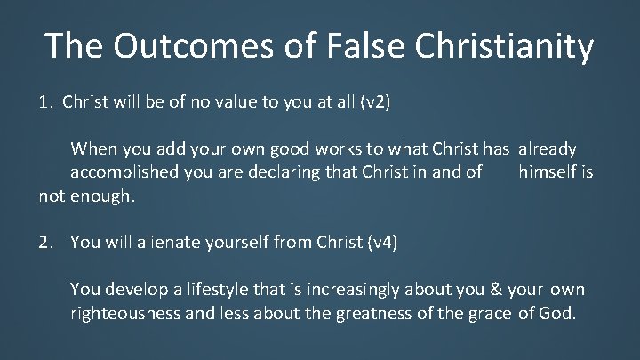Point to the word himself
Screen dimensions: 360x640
point(547,170)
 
